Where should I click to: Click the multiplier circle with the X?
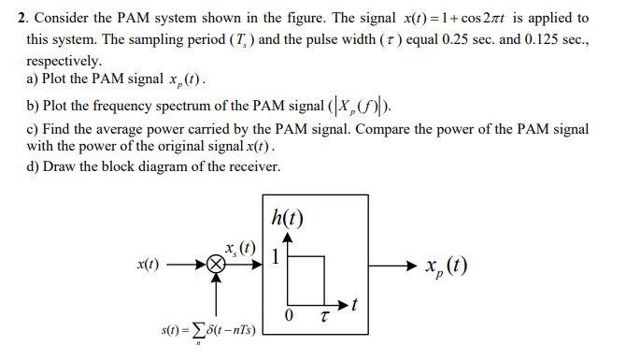click(x=217, y=266)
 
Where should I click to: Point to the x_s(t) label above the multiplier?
click(x=240, y=250)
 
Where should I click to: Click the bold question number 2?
click(x=21, y=18)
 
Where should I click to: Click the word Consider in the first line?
click(x=61, y=18)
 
